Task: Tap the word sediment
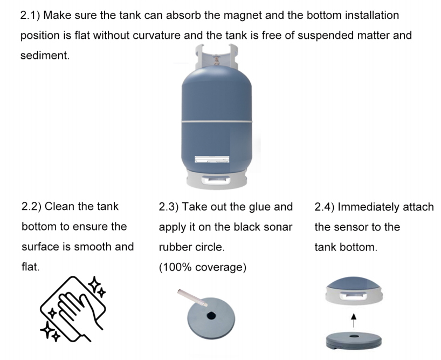[x=45, y=55]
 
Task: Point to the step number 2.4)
[x=325, y=207]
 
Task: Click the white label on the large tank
[x=212, y=159]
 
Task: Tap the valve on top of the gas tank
[x=217, y=60]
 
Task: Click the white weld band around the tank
[x=217, y=121]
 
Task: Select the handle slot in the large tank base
[x=216, y=180]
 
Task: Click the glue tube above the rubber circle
[x=192, y=297]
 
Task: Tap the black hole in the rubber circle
[x=211, y=316]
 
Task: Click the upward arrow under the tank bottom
[x=354, y=321]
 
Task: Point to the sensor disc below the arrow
[x=354, y=341]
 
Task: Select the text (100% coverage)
[x=203, y=267]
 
